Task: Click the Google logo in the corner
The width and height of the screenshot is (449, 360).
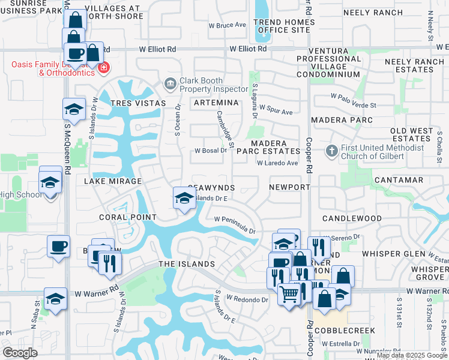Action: (x=20, y=352)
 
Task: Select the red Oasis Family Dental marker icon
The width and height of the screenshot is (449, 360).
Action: (x=104, y=67)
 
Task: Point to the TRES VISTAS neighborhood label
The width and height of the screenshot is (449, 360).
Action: (x=138, y=103)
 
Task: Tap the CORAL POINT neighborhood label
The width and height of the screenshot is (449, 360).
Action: (x=128, y=217)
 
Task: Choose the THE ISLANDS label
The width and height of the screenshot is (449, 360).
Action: (x=187, y=264)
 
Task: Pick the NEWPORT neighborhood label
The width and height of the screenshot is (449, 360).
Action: (x=289, y=187)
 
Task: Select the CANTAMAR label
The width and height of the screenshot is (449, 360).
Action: (x=399, y=180)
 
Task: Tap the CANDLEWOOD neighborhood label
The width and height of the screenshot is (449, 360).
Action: (x=352, y=218)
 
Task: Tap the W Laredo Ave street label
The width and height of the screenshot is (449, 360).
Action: (x=277, y=163)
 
